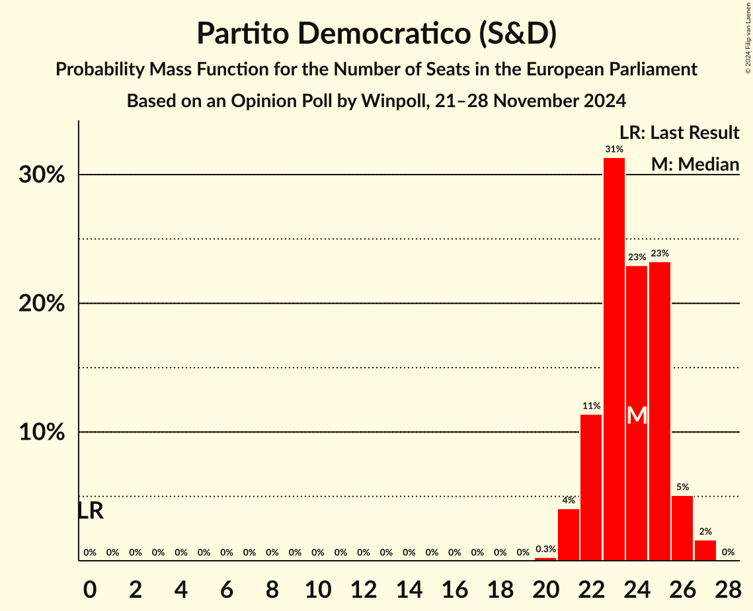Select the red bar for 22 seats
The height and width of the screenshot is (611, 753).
[591, 487]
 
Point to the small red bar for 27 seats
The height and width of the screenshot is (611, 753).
[705, 550]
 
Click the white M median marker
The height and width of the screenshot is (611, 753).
[637, 415]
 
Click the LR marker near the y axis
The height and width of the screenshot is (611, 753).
[91, 510]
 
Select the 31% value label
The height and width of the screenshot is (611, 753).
[614, 149]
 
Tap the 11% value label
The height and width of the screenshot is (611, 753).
[591, 406]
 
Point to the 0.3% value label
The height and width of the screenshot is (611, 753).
[545, 550]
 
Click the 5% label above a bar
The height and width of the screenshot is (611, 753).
[682, 487]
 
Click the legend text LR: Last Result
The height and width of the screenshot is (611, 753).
[679, 133]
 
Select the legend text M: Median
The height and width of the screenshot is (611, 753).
[695, 163]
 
